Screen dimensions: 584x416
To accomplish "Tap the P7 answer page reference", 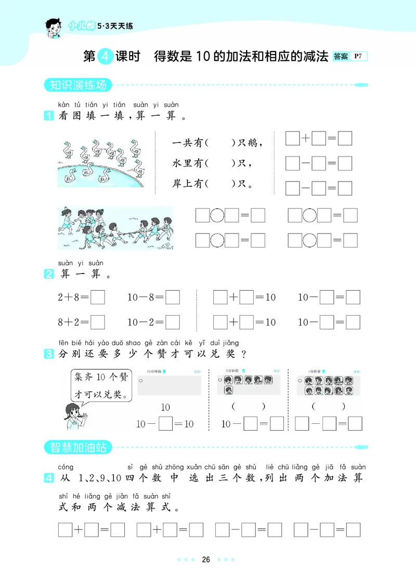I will point(358,56).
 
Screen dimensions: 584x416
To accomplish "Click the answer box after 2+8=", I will point(98,297).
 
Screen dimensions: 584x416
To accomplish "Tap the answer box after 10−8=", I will point(173,297).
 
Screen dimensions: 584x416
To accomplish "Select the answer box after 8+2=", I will point(98,322).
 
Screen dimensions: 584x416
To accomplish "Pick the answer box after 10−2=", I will point(173,322).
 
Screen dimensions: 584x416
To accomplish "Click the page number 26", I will point(206,560).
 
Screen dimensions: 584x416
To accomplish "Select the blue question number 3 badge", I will point(49,355).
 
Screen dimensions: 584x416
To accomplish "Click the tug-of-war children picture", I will point(115,228).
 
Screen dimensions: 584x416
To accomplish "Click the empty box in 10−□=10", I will point(165,424).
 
